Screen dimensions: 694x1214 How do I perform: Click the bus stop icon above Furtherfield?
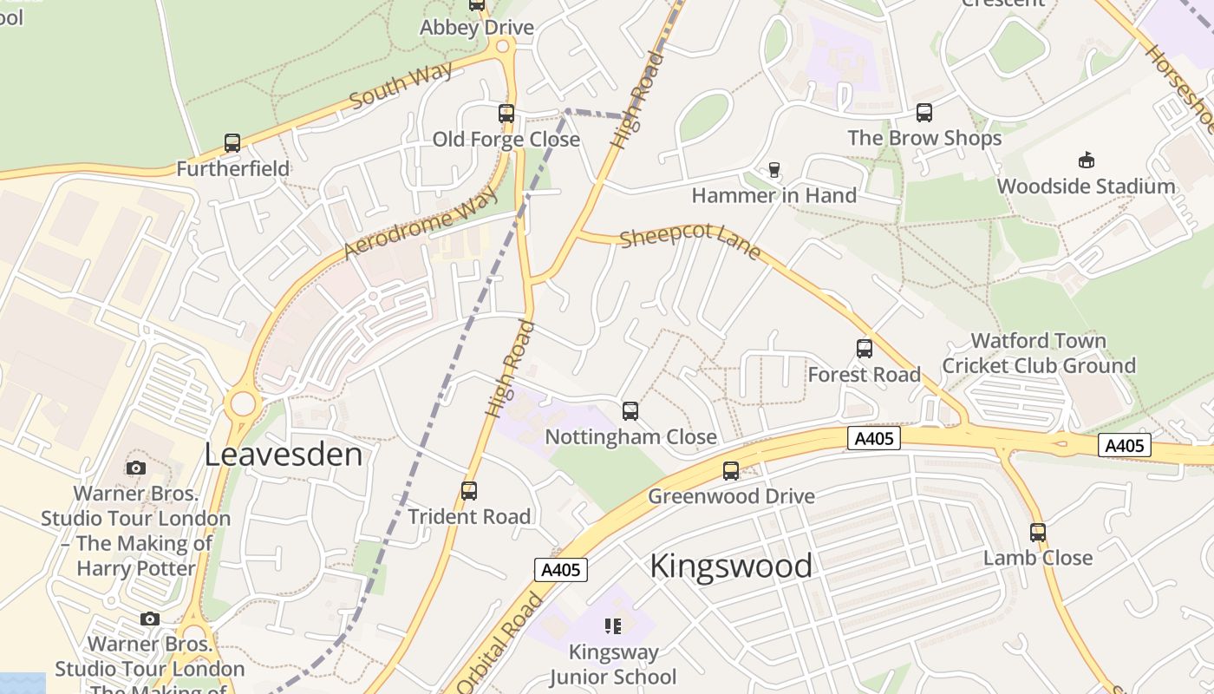coord(232,143)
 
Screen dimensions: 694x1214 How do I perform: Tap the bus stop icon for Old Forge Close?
coord(506,114)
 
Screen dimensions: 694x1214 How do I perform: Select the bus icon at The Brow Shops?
coord(924,113)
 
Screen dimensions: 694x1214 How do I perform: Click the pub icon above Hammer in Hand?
coord(774,170)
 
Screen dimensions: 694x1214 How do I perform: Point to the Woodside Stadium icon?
coord(1086,160)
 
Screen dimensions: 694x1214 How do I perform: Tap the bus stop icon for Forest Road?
coord(865,349)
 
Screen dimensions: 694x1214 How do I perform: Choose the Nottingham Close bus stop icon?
coord(630,411)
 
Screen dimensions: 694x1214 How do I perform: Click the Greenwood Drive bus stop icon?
coord(731,471)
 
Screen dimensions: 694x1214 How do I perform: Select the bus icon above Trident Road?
coord(469,491)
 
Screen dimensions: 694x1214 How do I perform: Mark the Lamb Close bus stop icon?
coord(1038,533)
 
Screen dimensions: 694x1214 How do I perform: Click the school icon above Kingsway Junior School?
coord(613,626)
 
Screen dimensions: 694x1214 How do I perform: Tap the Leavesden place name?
coord(284,455)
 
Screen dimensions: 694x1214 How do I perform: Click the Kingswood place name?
coord(731,566)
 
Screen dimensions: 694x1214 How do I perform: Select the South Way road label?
coord(401,85)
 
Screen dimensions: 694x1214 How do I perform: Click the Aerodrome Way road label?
coord(421,222)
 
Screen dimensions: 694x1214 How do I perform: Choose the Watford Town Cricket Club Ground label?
coord(1039,353)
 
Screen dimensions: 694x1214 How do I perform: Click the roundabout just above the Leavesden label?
coord(243,404)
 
